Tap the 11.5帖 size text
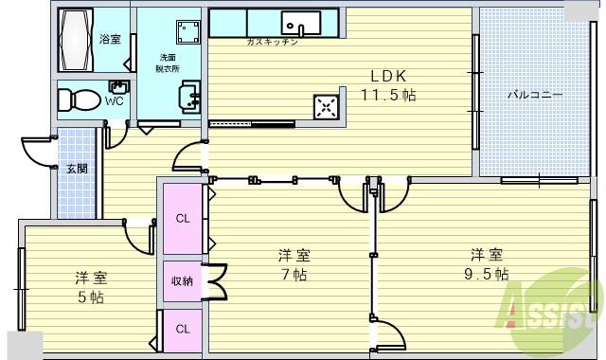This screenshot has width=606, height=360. (x=388, y=95)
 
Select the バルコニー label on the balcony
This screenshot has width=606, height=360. (x=535, y=95)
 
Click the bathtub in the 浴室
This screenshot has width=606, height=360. (x=78, y=40)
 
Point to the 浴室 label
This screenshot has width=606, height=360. (x=110, y=39)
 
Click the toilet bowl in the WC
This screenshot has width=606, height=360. (x=81, y=99)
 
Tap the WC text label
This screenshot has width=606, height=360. (x=114, y=100)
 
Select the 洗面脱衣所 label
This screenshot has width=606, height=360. (x=169, y=63)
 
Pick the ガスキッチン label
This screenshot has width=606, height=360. (x=273, y=43)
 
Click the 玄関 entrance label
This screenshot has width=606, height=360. (x=77, y=169)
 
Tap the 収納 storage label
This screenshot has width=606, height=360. (x=182, y=280)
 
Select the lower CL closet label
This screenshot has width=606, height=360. (x=182, y=330)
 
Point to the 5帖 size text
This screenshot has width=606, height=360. (x=92, y=297)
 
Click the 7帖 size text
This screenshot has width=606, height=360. (x=294, y=275)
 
